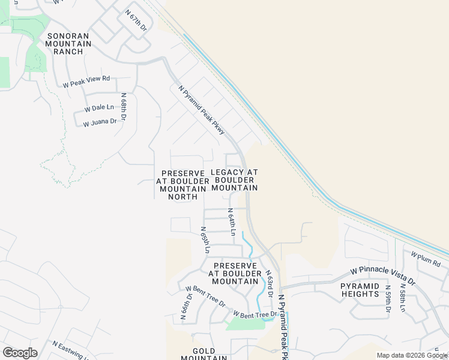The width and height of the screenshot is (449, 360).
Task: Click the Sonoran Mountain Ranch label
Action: [x=68, y=44]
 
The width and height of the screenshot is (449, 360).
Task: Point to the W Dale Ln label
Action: [x=99, y=108]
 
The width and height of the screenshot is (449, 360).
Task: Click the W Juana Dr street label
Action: [x=100, y=123]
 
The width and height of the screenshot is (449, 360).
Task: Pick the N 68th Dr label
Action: [x=123, y=107]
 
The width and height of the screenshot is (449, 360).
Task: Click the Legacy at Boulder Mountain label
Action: [x=234, y=180]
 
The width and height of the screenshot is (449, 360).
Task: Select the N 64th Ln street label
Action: [x=231, y=221]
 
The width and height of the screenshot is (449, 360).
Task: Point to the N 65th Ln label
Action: [x=206, y=239]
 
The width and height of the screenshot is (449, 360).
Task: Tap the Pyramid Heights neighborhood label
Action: [x=360, y=290]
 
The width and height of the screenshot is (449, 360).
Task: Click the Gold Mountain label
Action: [x=209, y=354]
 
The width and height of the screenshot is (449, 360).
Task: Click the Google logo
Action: [x=20, y=353]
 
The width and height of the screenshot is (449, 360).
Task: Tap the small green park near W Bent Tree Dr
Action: [x=244, y=324]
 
